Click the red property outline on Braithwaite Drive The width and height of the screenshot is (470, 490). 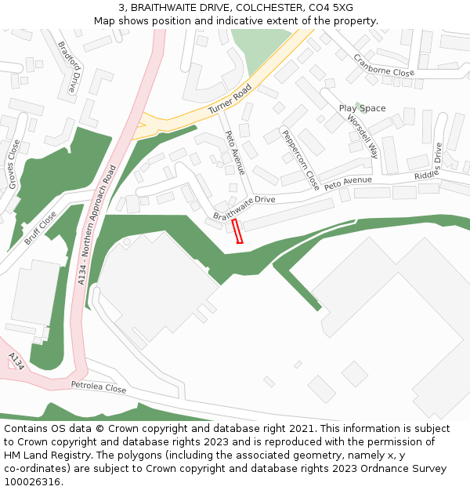click(x=238, y=232)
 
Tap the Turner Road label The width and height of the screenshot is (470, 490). click(x=230, y=101)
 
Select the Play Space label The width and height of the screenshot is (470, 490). click(x=362, y=108)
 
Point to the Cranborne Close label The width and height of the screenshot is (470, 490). click(x=383, y=66)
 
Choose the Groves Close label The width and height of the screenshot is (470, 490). click(x=13, y=164)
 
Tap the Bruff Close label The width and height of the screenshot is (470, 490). click(x=40, y=227)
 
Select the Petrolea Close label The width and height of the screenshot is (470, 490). click(x=99, y=387)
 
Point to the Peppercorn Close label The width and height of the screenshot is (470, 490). click(x=301, y=160)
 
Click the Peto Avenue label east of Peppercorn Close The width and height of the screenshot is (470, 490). click(x=348, y=182)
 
